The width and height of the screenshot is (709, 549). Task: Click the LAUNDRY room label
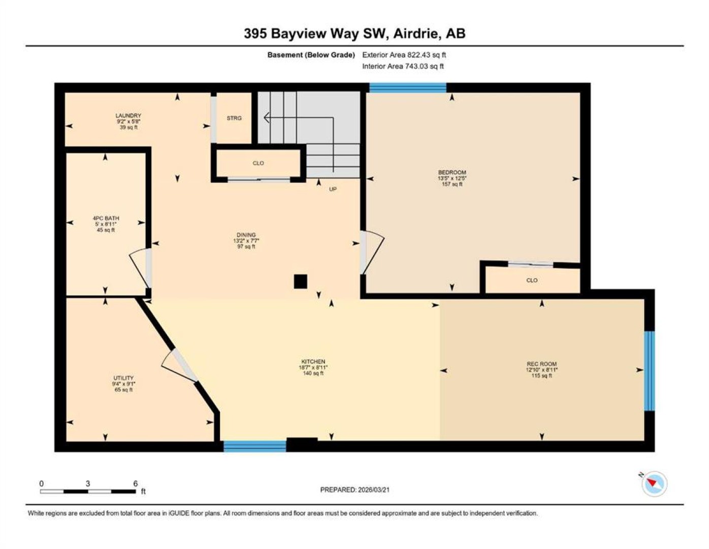coord(128,115)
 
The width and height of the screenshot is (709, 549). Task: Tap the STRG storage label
coord(234,118)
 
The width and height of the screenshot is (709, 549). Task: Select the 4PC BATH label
coord(106,218)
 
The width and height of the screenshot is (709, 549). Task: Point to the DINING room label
coord(246,235)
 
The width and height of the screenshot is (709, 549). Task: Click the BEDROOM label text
coord(452,172)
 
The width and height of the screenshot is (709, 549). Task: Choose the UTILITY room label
coord(123,378)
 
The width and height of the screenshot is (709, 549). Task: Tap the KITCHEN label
coord(313,361)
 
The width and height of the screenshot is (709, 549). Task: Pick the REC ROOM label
coord(541,364)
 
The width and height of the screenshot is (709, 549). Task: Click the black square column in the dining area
coord(300,281)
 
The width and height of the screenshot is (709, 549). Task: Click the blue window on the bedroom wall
coord(408,88)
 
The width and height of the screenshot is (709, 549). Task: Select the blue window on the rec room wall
coord(649,371)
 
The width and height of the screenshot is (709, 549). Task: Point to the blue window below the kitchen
coord(255,446)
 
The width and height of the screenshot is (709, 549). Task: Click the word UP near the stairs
coord(333,189)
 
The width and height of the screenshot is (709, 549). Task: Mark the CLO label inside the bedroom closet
coord(532,280)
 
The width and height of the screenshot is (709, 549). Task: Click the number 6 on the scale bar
coord(136,484)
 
